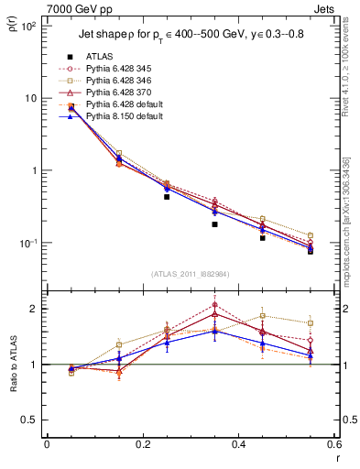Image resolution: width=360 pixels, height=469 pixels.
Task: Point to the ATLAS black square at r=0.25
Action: click(x=167, y=197)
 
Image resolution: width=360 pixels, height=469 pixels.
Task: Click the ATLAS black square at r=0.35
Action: click(x=214, y=224)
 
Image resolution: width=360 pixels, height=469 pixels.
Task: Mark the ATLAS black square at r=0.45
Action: click(x=263, y=238)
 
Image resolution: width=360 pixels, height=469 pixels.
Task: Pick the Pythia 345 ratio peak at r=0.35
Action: click(x=214, y=305)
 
